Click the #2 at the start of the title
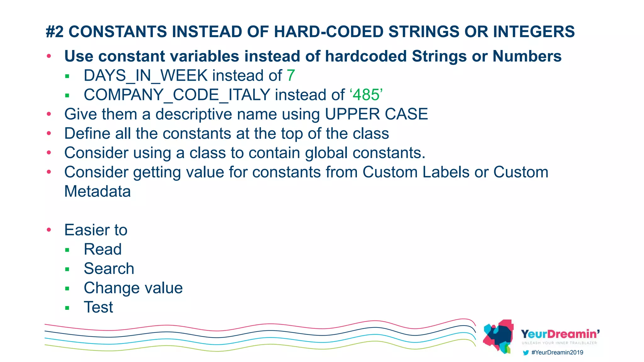55,32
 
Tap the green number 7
291,76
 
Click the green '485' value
366,95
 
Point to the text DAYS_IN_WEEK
146,76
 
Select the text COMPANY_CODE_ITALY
177,95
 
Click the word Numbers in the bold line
527,56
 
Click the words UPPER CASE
376,114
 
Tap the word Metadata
97,191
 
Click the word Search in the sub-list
109,269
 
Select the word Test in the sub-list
98,307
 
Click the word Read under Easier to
103,250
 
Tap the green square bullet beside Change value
67,288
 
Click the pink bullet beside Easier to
49,230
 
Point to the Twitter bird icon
525,353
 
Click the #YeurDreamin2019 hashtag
557,353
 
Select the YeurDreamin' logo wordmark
560,334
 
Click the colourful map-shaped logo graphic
498,336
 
